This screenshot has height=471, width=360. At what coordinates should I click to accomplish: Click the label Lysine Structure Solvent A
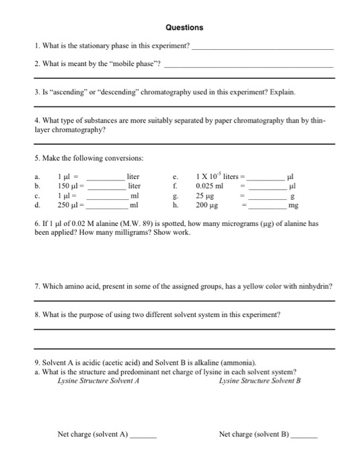tap(98, 381)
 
